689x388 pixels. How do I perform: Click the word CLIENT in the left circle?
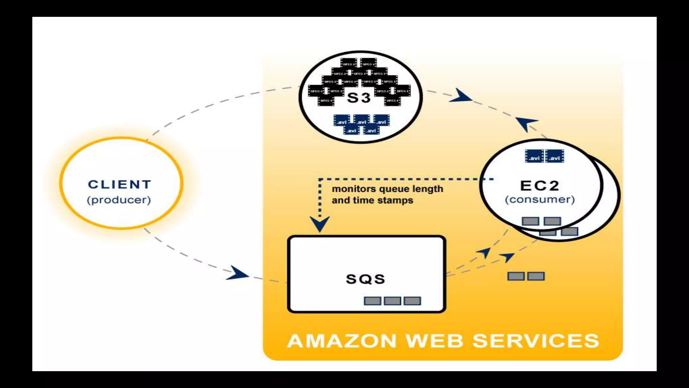point(119,185)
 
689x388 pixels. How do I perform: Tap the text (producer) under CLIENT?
point(119,200)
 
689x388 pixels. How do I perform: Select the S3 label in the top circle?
point(359,98)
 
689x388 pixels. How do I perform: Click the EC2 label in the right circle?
point(540,186)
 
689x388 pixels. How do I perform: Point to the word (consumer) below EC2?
point(540,199)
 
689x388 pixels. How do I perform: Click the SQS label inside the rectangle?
point(365,279)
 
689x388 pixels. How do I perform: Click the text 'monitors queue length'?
point(387,189)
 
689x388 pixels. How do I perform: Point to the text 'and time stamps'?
point(372,200)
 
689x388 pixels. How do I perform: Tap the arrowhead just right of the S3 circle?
point(460,96)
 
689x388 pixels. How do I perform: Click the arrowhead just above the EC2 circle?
point(526,123)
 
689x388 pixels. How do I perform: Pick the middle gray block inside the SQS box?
point(392,301)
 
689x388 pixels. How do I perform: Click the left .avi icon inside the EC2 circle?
point(534,156)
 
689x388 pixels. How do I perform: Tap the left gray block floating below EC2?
point(516,276)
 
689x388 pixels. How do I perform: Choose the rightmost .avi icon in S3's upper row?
point(381,120)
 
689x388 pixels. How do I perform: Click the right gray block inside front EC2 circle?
point(552,221)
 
